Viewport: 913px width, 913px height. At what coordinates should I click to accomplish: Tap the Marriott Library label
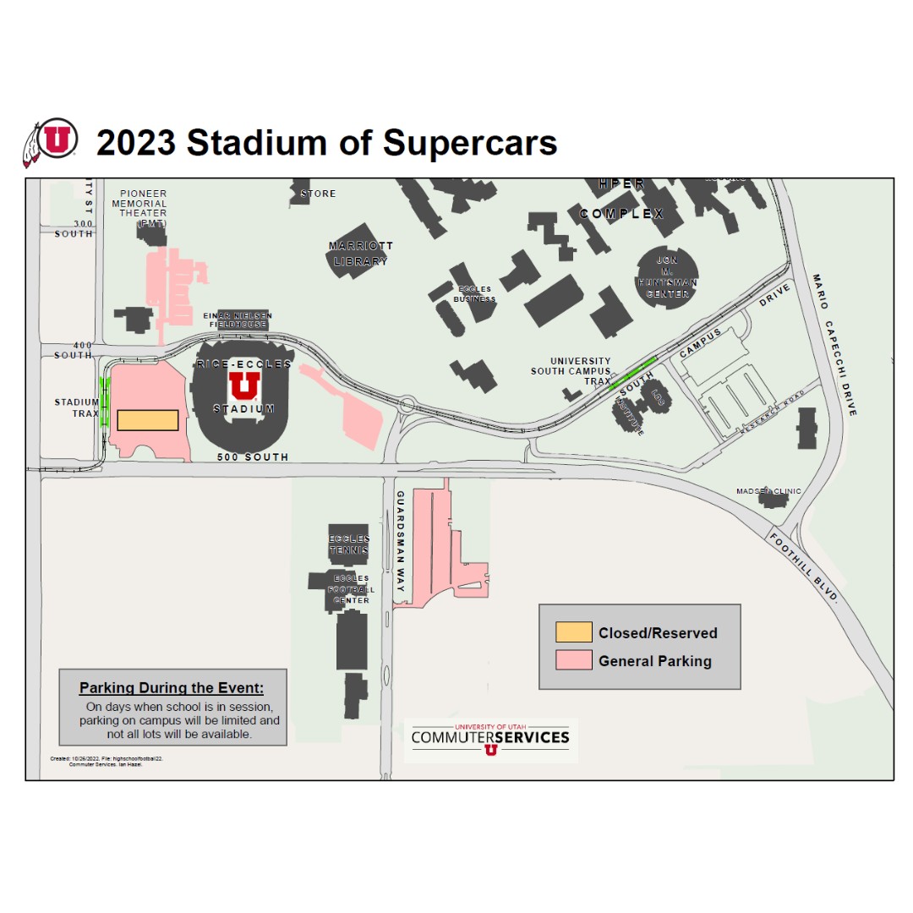click(361, 254)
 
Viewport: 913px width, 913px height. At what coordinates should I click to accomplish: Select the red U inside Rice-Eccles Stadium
click(244, 386)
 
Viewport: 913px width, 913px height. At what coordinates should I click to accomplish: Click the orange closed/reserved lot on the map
click(147, 420)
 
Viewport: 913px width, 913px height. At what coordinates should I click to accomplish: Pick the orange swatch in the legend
click(573, 632)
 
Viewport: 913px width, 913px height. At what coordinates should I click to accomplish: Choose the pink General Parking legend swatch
click(573, 660)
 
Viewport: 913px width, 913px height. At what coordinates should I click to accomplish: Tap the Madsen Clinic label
click(768, 491)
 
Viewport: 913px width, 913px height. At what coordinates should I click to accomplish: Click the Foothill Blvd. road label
click(803, 566)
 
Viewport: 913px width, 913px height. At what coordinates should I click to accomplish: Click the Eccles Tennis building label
click(349, 544)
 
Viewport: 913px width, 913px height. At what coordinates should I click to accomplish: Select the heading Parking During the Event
click(172, 687)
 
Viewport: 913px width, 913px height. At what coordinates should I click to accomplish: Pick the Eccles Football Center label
click(350, 589)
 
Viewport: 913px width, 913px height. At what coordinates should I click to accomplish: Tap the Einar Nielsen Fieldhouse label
click(238, 320)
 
